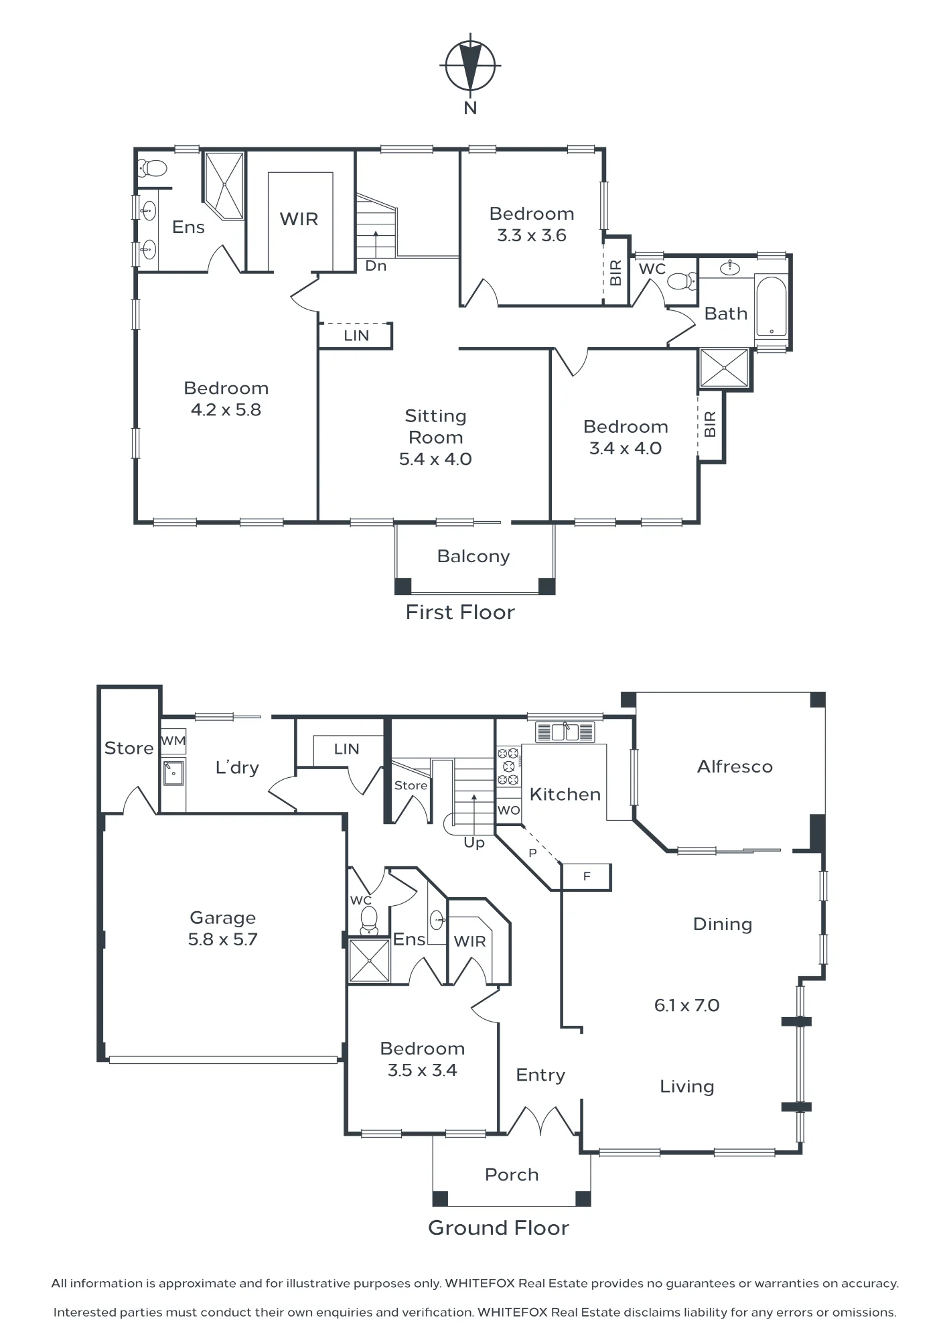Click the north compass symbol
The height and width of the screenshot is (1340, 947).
tap(470, 66)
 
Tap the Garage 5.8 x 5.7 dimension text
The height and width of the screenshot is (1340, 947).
tap(222, 939)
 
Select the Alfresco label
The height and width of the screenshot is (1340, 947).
tap(735, 766)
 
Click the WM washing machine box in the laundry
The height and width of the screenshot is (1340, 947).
tap(173, 742)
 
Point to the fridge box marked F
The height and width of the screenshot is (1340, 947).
tap(586, 876)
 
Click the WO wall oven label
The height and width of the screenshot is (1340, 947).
tap(509, 810)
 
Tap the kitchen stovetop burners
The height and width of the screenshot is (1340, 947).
tap(508, 766)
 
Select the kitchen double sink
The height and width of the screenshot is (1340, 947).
tap(565, 732)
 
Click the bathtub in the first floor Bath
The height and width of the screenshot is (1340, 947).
tap(771, 306)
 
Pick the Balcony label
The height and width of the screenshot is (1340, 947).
tap(473, 556)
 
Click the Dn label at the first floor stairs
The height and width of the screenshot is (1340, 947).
tap(376, 266)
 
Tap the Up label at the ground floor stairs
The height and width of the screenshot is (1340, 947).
tap(474, 843)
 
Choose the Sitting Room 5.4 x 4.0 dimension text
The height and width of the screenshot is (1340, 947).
tap(435, 459)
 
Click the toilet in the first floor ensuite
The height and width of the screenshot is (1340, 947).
tap(153, 167)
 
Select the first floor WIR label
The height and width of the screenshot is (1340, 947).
tap(299, 219)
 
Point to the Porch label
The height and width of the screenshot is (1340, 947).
tap(512, 1175)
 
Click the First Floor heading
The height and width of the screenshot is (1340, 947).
tap(460, 612)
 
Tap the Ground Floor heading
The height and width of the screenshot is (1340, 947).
tap(499, 1228)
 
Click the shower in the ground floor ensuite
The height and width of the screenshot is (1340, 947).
tap(369, 960)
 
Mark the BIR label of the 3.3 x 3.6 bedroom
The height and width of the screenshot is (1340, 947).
tap(616, 273)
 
